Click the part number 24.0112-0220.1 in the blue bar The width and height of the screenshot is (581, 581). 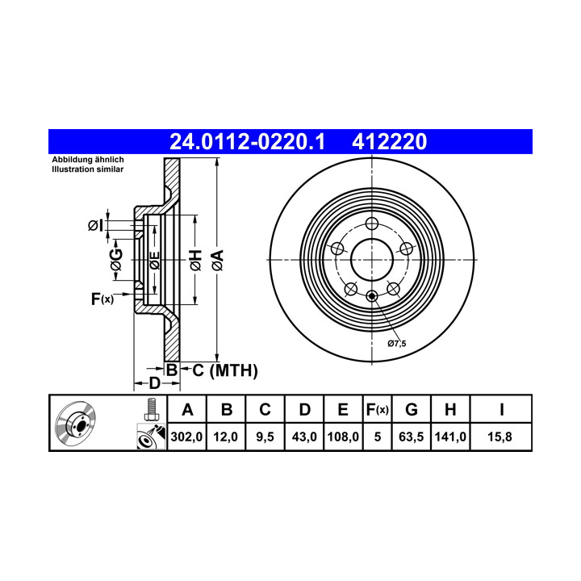coord(247,142)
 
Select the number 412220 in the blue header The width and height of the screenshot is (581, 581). coord(390,142)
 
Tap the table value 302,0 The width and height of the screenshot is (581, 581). coord(186,437)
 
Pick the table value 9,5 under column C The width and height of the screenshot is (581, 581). coord(265,437)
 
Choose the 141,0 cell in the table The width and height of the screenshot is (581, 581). coord(450,437)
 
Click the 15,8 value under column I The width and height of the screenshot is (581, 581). coord(499,437)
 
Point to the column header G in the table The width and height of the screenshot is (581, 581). coord(412,409)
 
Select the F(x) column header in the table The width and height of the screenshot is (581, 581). coord(377,410)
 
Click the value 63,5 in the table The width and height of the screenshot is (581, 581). coord(411,437)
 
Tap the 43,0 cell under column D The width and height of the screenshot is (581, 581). coord(304,437)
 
